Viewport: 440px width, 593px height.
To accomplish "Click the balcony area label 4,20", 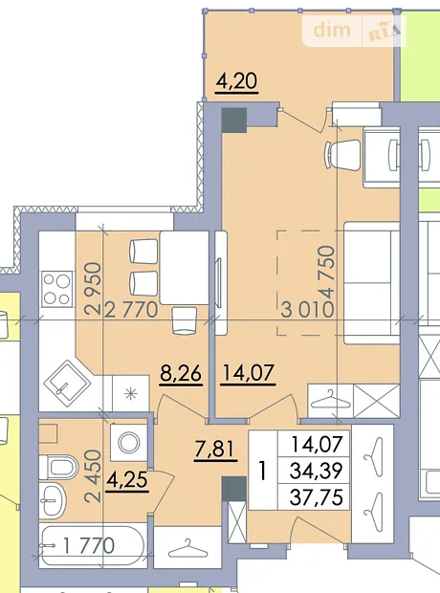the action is (236, 81).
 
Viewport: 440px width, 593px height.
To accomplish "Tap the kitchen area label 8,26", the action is (181, 374).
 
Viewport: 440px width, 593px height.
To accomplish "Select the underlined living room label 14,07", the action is (248, 373).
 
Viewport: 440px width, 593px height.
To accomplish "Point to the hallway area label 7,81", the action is (215, 450).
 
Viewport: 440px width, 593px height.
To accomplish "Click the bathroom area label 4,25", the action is (127, 480).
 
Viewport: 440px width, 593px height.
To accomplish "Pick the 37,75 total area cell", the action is (317, 497).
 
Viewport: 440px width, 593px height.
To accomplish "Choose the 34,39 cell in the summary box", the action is (317, 471).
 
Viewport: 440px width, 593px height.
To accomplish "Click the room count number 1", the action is (262, 472).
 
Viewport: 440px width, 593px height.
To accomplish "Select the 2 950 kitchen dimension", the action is (93, 289).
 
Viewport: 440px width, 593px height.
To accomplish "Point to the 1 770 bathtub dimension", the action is (89, 546).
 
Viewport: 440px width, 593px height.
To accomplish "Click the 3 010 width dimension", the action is (308, 310).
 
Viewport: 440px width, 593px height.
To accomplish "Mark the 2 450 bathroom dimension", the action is (93, 476).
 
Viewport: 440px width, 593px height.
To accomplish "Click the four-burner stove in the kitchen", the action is (56, 289).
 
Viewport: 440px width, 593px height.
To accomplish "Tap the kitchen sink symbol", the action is (67, 382).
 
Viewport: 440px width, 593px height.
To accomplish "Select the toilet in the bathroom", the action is (58, 467).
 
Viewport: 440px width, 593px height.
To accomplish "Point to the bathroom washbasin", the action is (53, 501).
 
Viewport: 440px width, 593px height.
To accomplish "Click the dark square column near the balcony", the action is (234, 121).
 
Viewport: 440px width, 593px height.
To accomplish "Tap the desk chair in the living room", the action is (342, 155).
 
